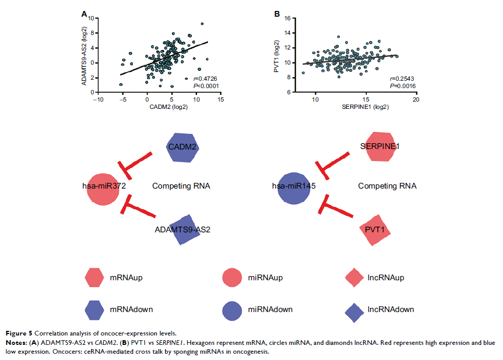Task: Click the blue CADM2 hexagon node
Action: pos(182,148)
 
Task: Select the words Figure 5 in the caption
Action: pos(20,332)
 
